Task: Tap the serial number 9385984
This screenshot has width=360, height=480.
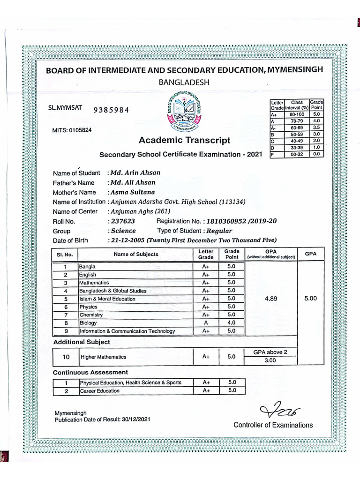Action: [x=111, y=111]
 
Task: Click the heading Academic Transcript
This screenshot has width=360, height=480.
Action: [x=184, y=140]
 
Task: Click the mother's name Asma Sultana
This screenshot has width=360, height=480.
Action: [x=133, y=192]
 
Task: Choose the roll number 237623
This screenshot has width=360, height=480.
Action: [x=123, y=221]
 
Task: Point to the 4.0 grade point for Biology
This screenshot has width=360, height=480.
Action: [x=232, y=323]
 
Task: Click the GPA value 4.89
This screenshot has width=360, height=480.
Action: [x=271, y=299]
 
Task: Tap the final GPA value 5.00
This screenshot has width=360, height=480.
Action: [x=310, y=299]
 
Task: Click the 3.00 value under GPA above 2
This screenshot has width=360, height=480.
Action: [x=270, y=361]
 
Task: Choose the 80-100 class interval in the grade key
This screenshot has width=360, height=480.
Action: [x=297, y=114]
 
